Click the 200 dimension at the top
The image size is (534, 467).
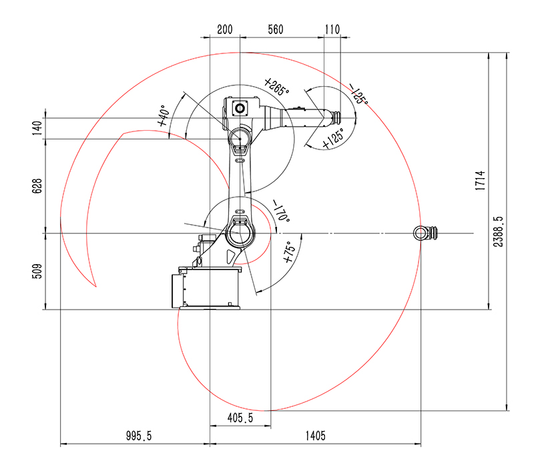click(x=225, y=29)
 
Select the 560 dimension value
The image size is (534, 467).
click(x=276, y=29)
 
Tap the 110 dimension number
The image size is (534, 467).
click(x=332, y=29)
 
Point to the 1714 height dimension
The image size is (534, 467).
click(x=480, y=180)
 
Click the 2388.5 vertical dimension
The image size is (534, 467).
click(x=498, y=231)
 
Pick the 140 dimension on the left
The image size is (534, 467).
click(x=37, y=128)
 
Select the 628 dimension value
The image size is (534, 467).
click(x=37, y=186)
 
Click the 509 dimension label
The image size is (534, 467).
click(x=37, y=271)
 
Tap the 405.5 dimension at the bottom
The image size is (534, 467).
click(x=240, y=418)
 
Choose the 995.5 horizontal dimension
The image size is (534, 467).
click(x=139, y=436)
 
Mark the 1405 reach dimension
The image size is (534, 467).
click(x=315, y=436)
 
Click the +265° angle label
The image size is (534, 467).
click(x=276, y=87)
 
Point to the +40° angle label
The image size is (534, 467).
click(x=164, y=115)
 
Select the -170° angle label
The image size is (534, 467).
click(x=282, y=211)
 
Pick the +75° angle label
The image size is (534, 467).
click(x=289, y=252)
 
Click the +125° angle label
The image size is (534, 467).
click(x=333, y=139)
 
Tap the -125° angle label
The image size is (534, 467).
click(x=358, y=94)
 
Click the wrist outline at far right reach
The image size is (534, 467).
click(x=425, y=233)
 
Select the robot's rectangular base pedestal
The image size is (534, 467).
click(x=206, y=288)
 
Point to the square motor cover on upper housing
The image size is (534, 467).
click(x=240, y=109)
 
